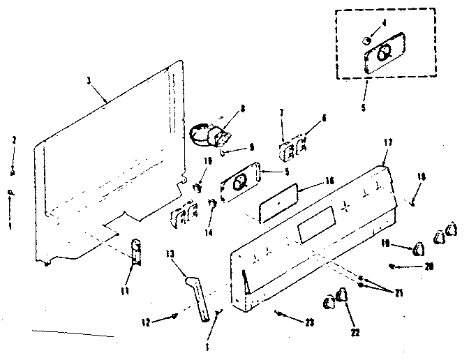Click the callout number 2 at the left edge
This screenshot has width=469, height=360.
coord(13,140)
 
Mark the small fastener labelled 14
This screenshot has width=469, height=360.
coord(211,204)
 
